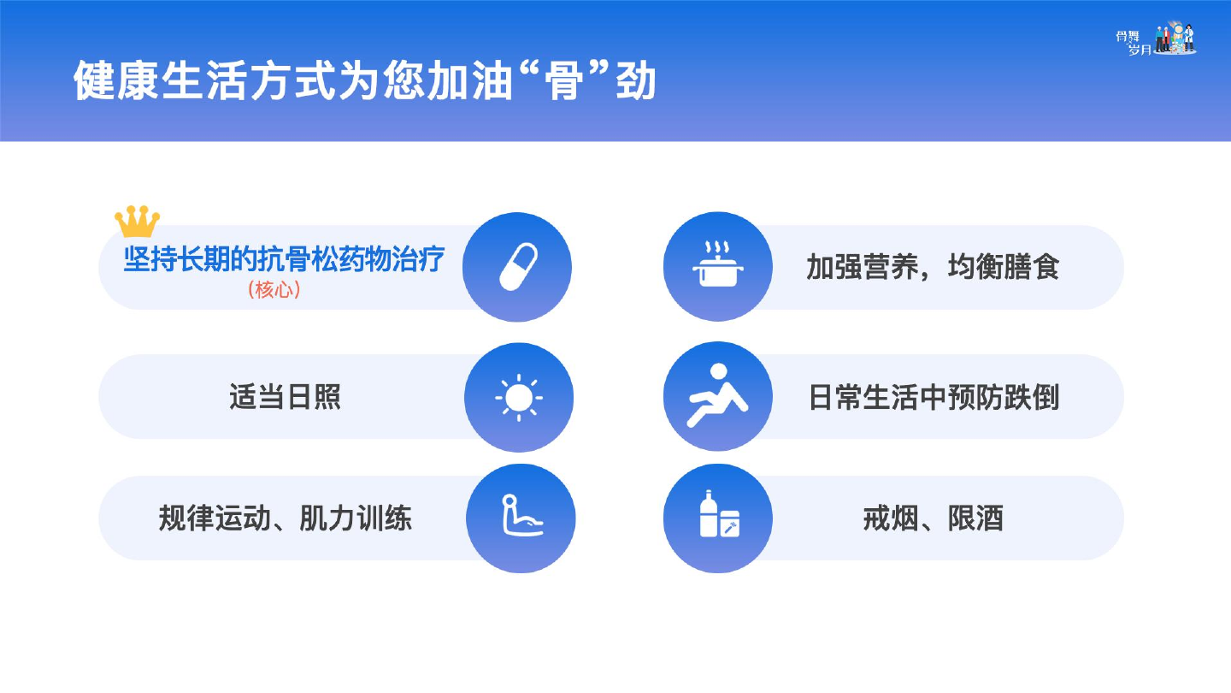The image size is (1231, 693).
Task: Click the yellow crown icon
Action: [x=137, y=221]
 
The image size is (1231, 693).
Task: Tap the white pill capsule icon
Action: [x=518, y=266]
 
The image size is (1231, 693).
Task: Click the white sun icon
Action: [x=519, y=398]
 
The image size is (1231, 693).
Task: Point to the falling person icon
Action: [x=717, y=394]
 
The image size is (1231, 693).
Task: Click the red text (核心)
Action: [x=274, y=290]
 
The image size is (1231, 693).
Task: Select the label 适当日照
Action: [x=285, y=397]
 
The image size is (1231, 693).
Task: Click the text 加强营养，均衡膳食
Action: [x=933, y=267]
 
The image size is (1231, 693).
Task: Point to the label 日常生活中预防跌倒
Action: [x=934, y=397]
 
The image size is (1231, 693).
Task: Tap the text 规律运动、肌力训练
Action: [x=286, y=518]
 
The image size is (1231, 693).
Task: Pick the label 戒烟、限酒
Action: [x=934, y=518]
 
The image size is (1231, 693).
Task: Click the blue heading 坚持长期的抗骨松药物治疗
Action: [x=284, y=259]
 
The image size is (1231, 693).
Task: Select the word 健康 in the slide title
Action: [x=116, y=80]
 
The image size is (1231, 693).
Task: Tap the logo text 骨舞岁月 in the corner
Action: [x=1134, y=43]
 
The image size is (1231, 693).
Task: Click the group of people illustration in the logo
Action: [x=1176, y=38]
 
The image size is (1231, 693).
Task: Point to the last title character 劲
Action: [x=636, y=80]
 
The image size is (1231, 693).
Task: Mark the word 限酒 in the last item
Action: [x=975, y=518]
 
